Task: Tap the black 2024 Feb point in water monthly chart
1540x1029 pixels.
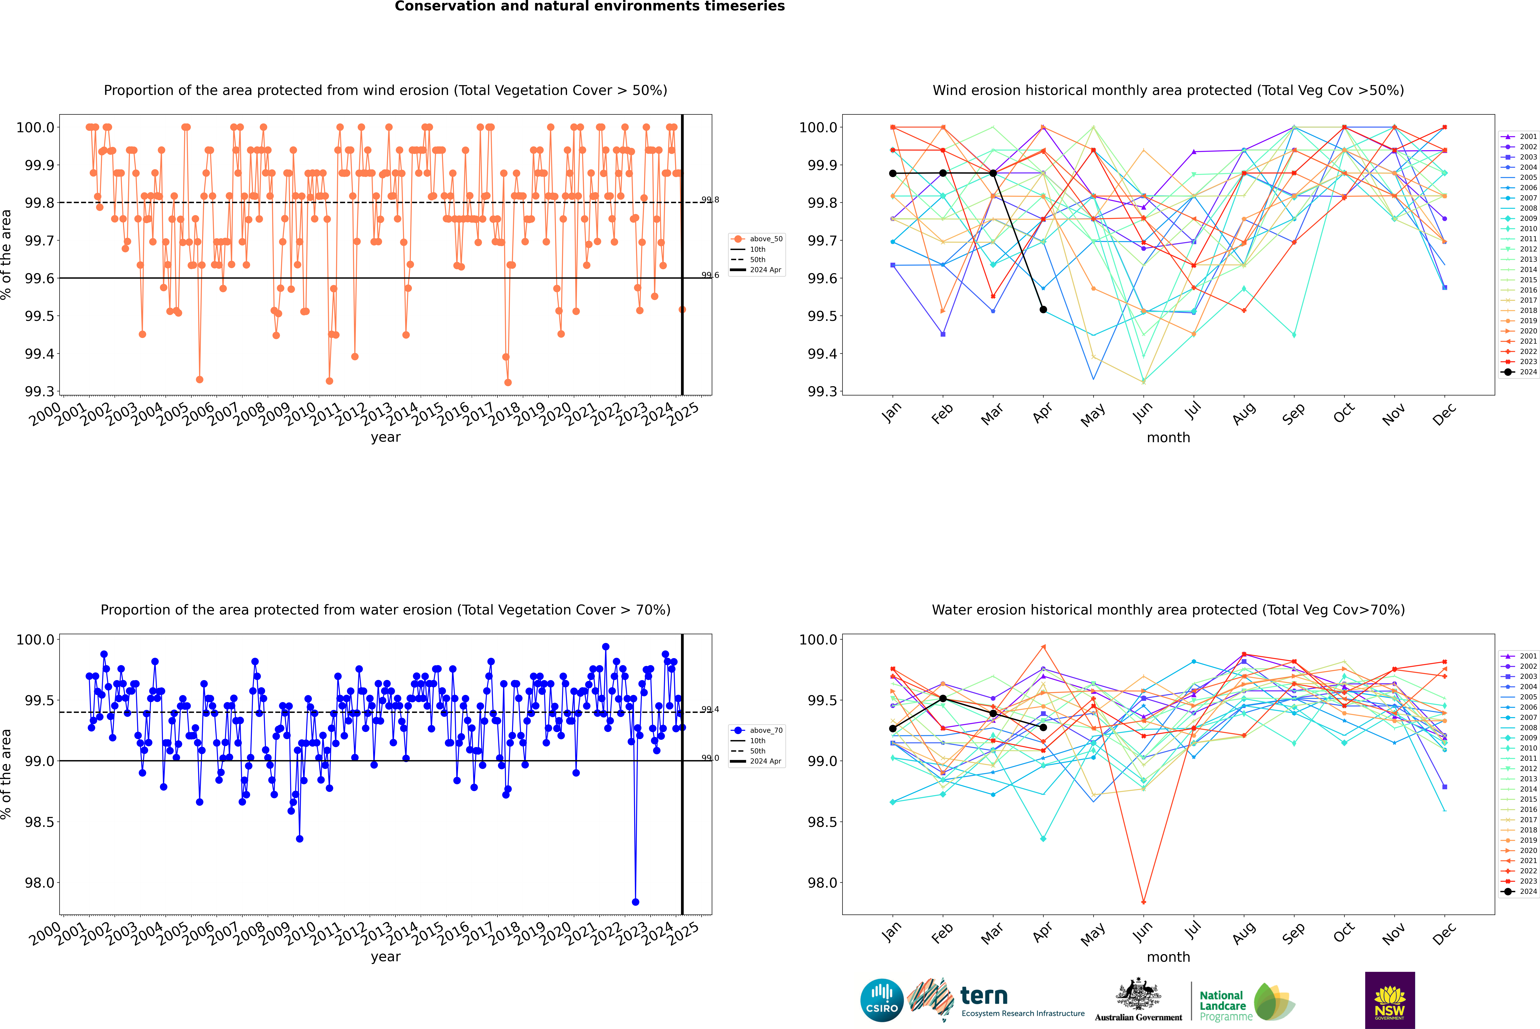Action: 943,698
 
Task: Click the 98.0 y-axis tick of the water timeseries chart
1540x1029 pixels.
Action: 38,883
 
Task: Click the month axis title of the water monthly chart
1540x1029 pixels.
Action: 1168,957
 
